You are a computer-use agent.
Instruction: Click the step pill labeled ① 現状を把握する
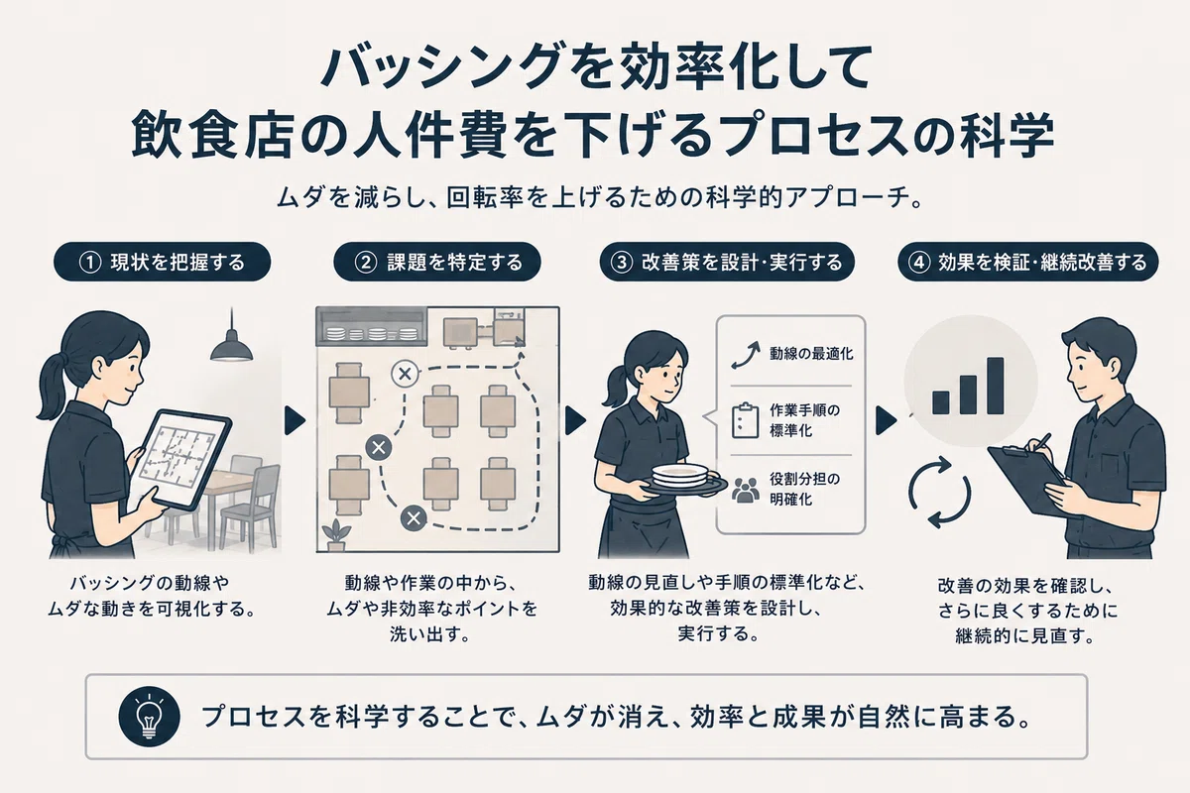[162, 262]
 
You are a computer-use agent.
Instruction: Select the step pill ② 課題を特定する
[437, 262]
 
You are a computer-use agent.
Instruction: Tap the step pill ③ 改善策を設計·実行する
[727, 262]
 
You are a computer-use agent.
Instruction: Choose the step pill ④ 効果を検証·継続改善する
[1028, 262]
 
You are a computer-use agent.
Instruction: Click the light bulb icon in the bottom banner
[150, 717]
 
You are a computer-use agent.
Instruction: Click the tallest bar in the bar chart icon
[995, 386]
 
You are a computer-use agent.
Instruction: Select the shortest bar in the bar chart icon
[940, 402]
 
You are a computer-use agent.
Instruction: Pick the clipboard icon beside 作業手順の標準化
[745, 420]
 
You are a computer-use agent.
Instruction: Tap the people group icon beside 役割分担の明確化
[745, 490]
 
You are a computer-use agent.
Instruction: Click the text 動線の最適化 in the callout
[811, 354]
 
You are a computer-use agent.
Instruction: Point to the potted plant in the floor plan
[336, 535]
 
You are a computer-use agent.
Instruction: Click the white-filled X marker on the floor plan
[405, 374]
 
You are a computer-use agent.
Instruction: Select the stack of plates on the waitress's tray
[680, 474]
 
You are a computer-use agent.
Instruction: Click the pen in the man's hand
[1040, 442]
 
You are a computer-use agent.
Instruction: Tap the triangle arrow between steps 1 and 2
[295, 420]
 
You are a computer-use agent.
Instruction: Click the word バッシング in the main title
[443, 68]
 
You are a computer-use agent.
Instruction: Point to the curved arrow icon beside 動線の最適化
[745, 355]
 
